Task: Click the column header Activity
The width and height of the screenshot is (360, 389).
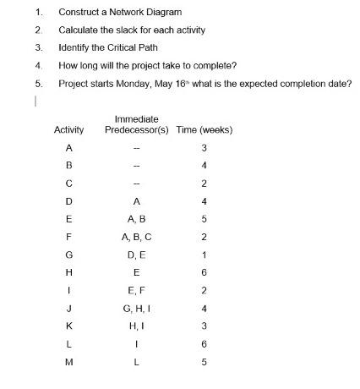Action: pyautogui.click(x=69, y=129)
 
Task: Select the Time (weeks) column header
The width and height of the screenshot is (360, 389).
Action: pyautogui.click(x=205, y=129)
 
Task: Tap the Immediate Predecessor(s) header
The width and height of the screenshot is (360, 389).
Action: pyautogui.click(x=137, y=124)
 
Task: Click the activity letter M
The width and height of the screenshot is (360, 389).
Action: pyautogui.click(x=68, y=363)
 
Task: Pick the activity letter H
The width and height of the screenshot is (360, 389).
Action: pyautogui.click(x=68, y=273)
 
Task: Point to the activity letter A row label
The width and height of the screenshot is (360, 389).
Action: pyautogui.click(x=68, y=148)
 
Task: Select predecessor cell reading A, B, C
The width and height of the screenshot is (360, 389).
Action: pyautogui.click(x=136, y=238)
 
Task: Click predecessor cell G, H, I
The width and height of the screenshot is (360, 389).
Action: pyautogui.click(x=136, y=309)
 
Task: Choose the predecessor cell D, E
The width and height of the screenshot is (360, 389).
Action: pyautogui.click(x=136, y=255)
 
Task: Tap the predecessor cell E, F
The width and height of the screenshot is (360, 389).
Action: pyautogui.click(x=136, y=291)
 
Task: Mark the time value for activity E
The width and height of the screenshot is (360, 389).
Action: pyautogui.click(x=204, y=220)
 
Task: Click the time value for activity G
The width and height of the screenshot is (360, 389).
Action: pyautogui.click(x=204, y=255)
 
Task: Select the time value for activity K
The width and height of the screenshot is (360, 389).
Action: pyautogui.click(x=204, y=326)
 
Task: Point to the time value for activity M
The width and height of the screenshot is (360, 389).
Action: pyautogui.click(x=204, y=363)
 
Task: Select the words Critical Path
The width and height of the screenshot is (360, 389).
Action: pyautogui.click(x=133, y=47)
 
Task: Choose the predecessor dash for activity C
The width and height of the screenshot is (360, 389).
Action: pyautogui.click(x=136, y=184)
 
